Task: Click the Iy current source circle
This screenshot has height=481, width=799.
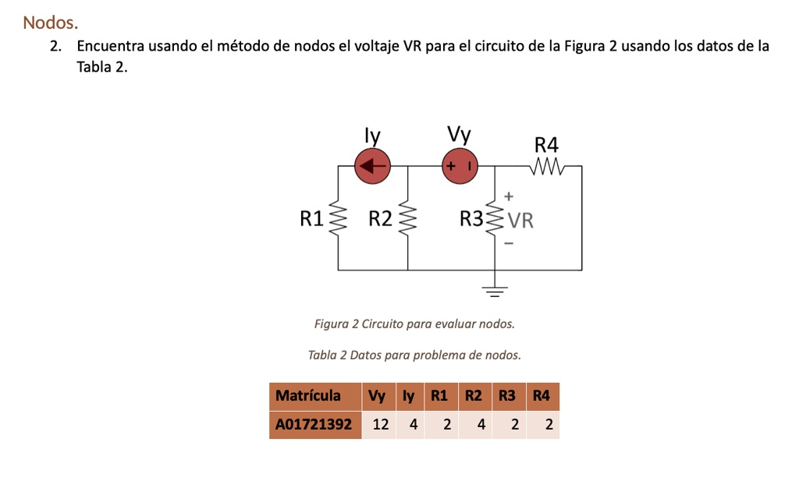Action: tap(372, 166)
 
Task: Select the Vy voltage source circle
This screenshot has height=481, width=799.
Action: tap(460, 167)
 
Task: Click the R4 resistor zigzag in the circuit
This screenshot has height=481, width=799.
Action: tap(546, 166)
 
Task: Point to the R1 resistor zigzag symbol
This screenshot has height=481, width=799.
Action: tap(338, 219)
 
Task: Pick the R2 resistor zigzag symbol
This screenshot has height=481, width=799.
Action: tap(407, 219)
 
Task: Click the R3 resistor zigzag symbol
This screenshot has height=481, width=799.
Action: tap(495, 219)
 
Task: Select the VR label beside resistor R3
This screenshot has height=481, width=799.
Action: tap(521, 221)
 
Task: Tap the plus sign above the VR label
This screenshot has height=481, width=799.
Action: tap(510, 196)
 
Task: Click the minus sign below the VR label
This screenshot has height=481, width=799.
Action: tap(510, 244)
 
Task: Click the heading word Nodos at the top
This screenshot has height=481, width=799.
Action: tap(51, 23)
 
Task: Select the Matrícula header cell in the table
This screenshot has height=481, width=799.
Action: tap(308, 396)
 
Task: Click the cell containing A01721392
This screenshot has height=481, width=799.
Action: tap(314, 425)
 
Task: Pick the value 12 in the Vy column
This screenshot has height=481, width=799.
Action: tap(380, 425)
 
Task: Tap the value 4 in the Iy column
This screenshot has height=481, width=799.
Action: tap(413, 425)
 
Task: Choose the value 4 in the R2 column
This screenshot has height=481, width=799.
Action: tap(481, 425)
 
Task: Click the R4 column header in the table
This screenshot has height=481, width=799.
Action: tap(542, 396)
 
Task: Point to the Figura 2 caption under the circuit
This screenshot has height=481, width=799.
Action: tap(414, 324)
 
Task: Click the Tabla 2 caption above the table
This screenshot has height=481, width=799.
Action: tap(414, 355)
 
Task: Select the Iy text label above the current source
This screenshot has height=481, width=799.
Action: tap(373, 136)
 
